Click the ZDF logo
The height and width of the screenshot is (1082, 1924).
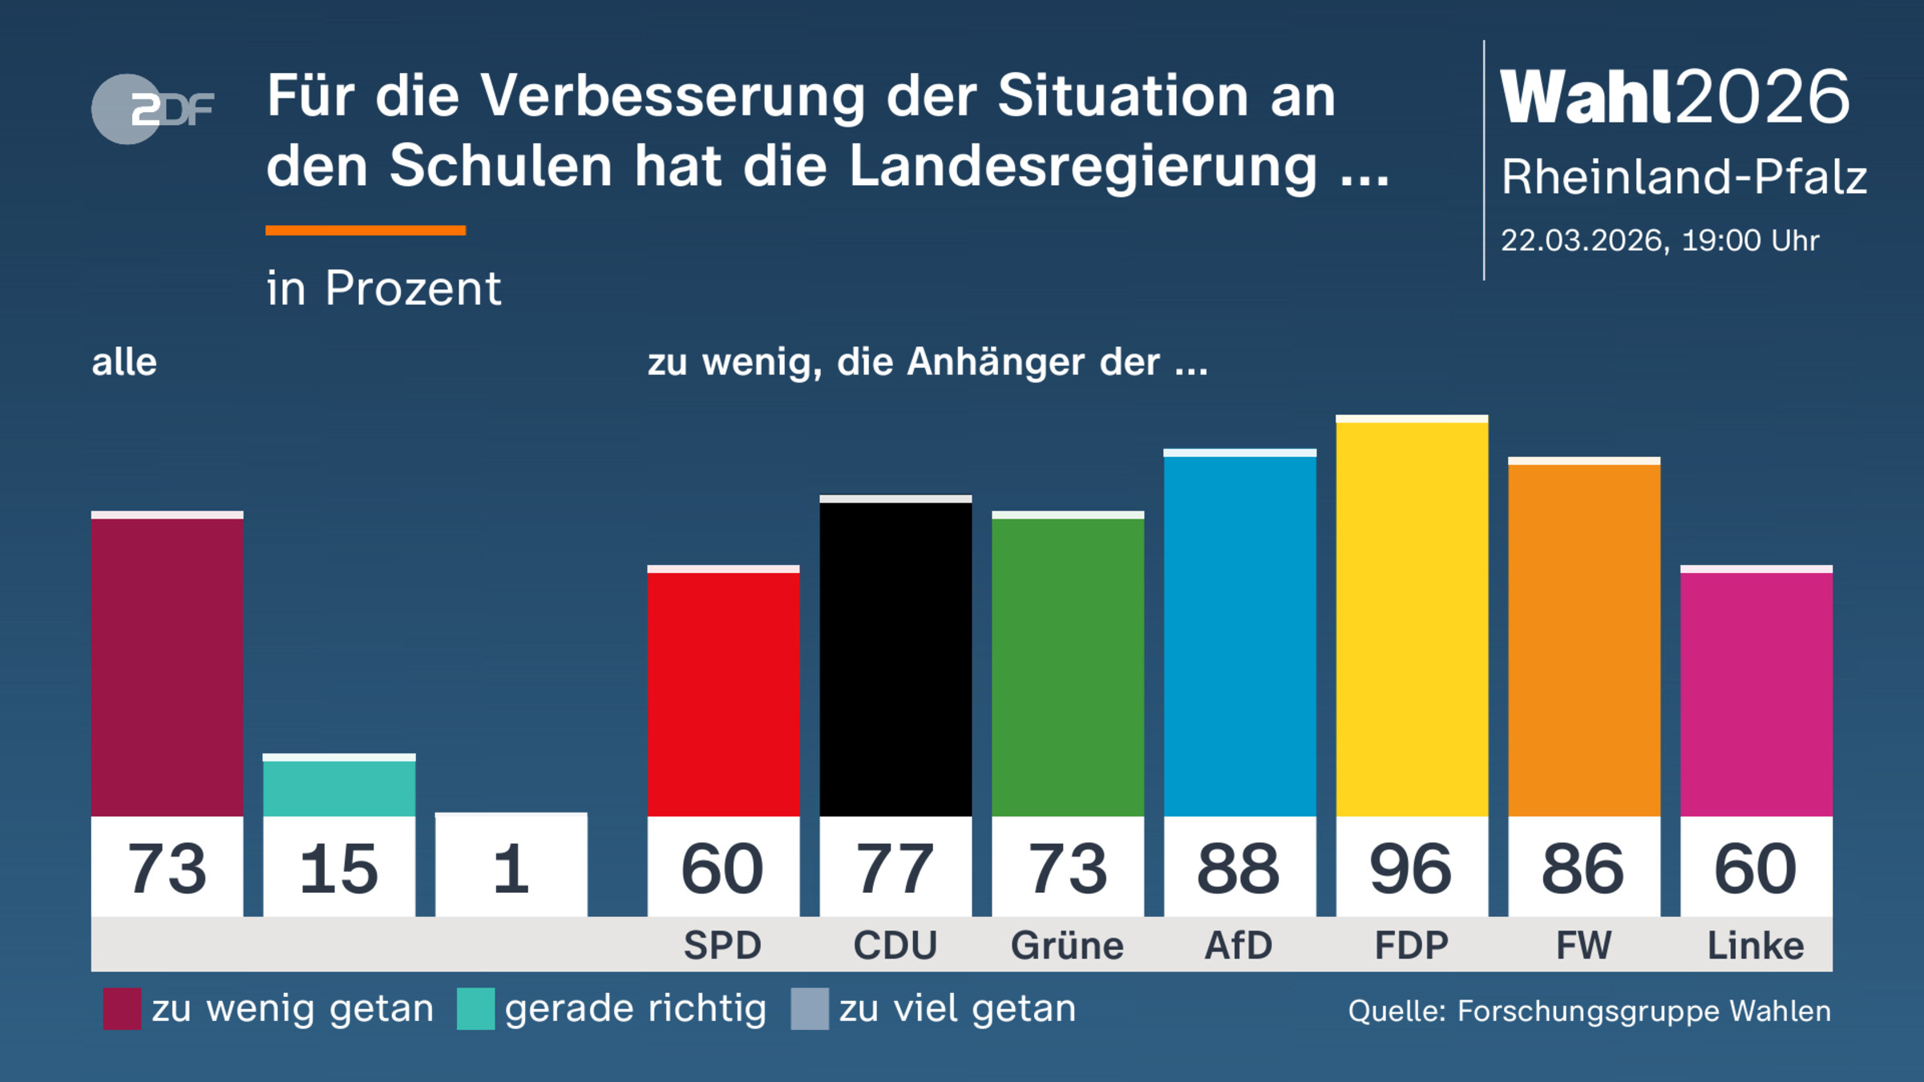pyautogui.click(x=152, y=109)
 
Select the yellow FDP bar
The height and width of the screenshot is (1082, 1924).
pyautogui.click(x=1412, y=617)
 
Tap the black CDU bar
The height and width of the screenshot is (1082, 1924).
pyautogui.click(x=895, y=657)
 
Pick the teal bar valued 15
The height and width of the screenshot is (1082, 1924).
pyautogui.click(x=339, y=787)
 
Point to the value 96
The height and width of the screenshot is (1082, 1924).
pyautogui.click(x=1411, y=869)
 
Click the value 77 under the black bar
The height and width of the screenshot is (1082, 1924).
pyautogui.click(x=895, y=869)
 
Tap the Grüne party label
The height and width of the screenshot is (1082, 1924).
pyautogui.click(x=1067, y=946)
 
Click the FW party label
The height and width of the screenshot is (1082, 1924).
pyautogui.click(x=1583, y=946)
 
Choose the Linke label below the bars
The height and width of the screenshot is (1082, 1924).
pyautogui.click(x=1756, y=946)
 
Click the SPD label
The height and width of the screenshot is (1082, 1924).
pyautogui.click(x=722, y=946)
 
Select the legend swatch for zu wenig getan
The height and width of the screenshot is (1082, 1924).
pyautogui.click(x=122, y=1008)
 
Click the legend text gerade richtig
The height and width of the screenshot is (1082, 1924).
pyautogui.click(x=635, y=1008)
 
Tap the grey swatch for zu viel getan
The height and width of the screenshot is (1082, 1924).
pyautogui.click(x=809, y=1008)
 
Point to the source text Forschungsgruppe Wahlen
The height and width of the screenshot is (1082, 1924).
pyautogui.click(x=1643, y=1011)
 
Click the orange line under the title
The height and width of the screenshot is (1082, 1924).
pyautogui.click(x=366, y=231)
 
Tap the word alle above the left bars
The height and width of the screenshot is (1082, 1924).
pyautogui.click(x=124, y=362)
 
